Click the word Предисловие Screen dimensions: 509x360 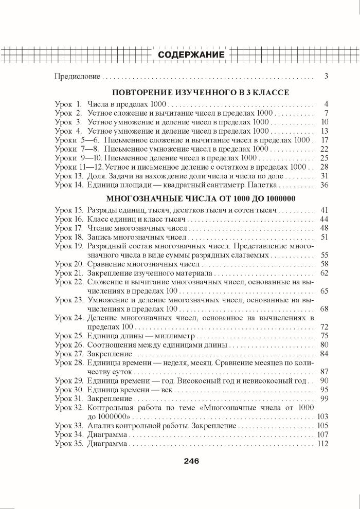[77, 77]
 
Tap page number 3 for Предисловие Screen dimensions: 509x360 [326, 77]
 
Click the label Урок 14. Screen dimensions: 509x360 [68, 185]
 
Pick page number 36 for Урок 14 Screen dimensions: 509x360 [323, 185]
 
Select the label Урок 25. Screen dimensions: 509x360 [68, 336]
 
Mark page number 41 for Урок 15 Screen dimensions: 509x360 [323, 211]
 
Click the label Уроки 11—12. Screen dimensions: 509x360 [73, 167]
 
